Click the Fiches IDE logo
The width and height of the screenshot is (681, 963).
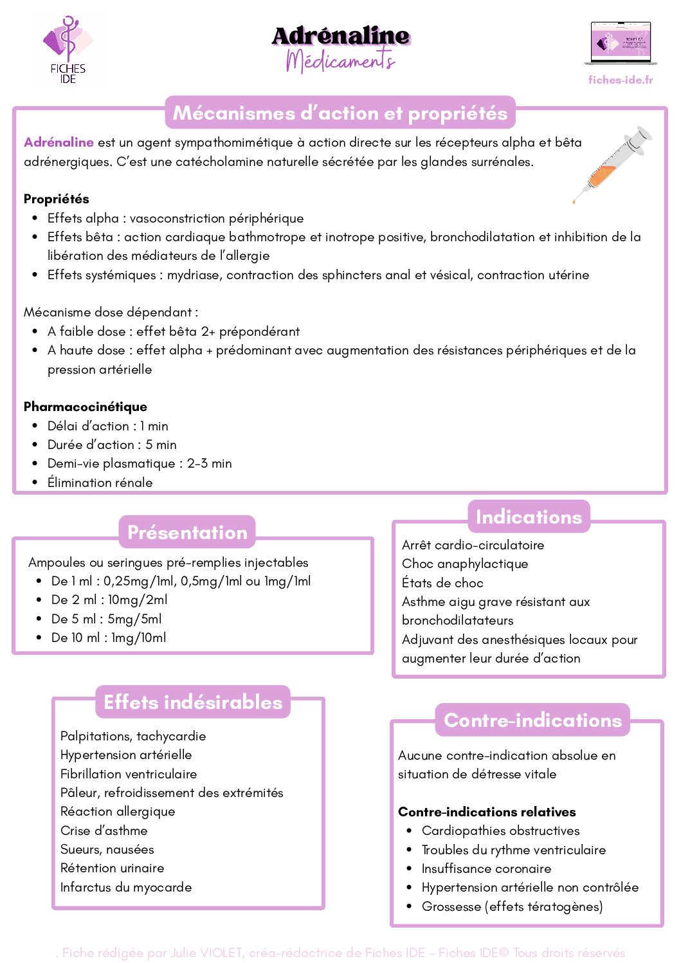(68, 50)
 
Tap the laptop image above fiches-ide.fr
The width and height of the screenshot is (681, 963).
(621, 43)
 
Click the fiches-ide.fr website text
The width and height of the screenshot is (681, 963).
(621, 80)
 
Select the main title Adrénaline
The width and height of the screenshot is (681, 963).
(341, 36)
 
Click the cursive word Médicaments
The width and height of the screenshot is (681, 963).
(340, 60)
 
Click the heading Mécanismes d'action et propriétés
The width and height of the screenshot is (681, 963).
(340, 113)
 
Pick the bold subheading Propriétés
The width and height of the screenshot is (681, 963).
(57, 199)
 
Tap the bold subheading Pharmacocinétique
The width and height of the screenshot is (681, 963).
(86, 407)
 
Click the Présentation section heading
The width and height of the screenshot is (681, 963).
(187, 533)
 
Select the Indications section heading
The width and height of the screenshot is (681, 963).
(529, 517)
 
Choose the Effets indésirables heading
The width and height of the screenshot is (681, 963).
(193, 702)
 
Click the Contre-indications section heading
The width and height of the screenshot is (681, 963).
(532, 720)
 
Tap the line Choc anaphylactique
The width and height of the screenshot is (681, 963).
(465, 564)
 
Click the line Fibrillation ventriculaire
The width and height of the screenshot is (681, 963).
(129, 774)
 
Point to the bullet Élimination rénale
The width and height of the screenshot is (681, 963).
(100, 482)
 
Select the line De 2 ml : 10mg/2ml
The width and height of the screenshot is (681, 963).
(109, 600)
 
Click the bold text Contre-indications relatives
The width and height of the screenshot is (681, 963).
(487, 812)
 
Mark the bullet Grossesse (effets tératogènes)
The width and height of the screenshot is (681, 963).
(512, 906)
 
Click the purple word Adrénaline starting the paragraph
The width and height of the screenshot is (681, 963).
(59, 142)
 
